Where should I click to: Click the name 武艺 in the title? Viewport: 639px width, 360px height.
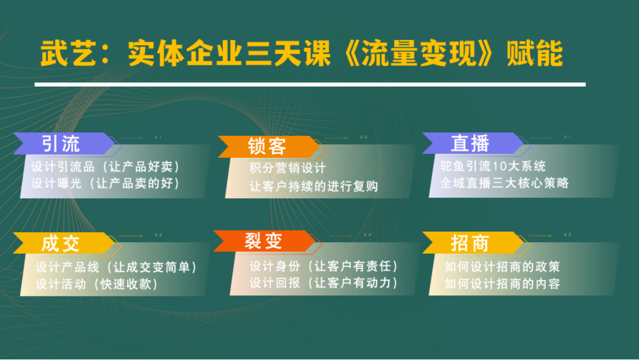tap(68, 53)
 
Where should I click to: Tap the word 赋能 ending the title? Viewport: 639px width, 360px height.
tap(534, 53)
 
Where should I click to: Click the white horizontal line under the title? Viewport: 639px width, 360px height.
tap(310, 84)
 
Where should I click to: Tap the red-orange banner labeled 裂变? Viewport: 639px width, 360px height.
tap(265, 241)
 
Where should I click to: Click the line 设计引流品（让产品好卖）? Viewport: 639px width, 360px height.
tap(106, 167)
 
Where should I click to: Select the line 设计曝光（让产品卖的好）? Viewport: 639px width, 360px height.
tap(106, 183)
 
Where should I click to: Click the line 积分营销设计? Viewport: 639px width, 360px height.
tap(288, 168)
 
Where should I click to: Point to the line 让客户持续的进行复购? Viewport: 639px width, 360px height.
tap(314, 186)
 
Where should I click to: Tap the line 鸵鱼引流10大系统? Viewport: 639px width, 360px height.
tap(493, 166)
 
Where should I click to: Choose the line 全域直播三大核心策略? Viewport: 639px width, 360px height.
tap(504, 183)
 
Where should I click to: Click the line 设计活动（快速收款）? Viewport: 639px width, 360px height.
tap(97, 284)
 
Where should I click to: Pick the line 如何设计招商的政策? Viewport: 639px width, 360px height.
tap(503, 266)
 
